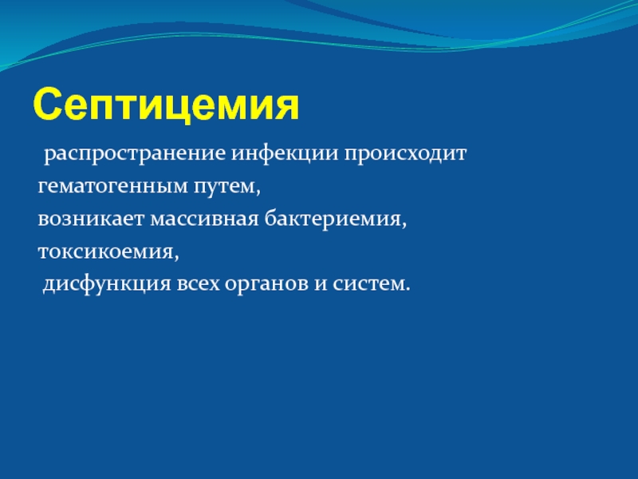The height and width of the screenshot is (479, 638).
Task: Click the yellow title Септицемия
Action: click(x=166, y=105)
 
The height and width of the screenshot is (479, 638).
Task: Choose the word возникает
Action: click(x=91, y=219)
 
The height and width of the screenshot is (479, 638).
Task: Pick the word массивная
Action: click(x=205, y=219)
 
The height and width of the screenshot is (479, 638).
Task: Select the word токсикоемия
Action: click(x=106, y=251)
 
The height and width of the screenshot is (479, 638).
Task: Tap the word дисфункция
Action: click(x=107, y=284)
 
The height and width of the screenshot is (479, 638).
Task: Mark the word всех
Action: click(x=198, y=284)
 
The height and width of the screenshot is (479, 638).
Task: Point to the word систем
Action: click(x=367, y=284)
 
